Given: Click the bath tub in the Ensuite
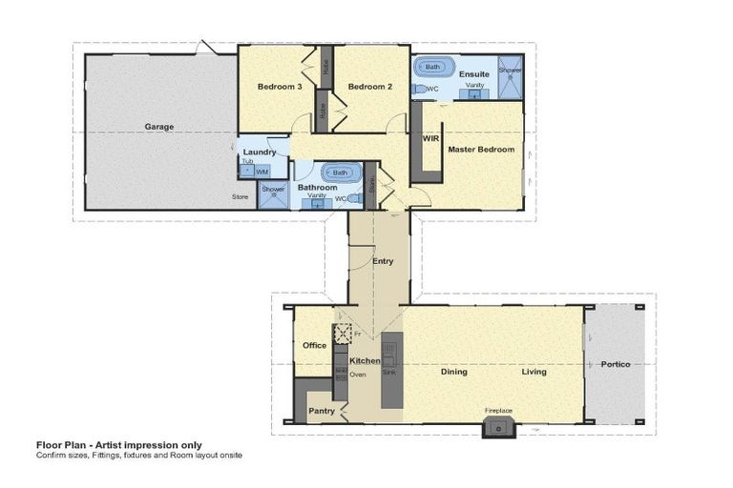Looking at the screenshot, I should pos(433,68).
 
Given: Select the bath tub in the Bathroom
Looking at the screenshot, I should pos(340,173).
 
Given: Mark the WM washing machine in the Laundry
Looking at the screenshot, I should pos(261,172).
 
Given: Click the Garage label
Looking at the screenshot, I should pos(158,126).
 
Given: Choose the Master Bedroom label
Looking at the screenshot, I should pos(482,150).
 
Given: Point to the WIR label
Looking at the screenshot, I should pos(429,138).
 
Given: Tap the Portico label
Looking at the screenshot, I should pos(616,364).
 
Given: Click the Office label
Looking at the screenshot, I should pos(314,345).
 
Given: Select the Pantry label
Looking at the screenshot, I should pos(320,411).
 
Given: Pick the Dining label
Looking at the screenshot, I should pos(453,372).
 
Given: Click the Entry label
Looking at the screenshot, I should pos(382,260).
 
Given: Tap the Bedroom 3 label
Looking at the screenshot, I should pos(280,87).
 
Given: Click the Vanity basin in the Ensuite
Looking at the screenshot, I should pos(473,94).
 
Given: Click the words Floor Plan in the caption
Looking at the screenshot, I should pos(58,445).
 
